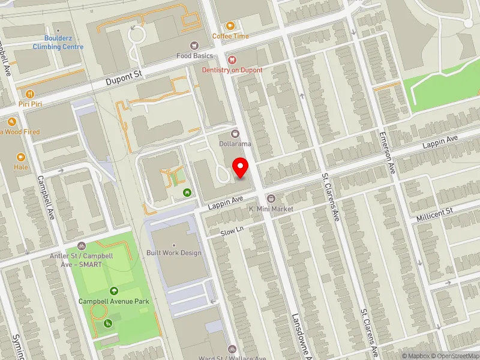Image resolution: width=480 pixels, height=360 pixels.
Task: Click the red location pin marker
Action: (241, 167)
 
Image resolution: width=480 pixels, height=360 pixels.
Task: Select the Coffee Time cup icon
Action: (230, 26)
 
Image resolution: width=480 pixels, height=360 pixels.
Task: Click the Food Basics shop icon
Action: (194, 46)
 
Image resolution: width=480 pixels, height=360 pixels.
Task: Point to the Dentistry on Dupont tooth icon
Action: (232, 60)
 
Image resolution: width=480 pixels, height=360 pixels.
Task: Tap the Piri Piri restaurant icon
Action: (29, 94)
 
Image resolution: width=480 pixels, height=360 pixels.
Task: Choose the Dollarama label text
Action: (235, 144)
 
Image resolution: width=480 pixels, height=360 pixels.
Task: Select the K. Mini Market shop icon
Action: (271, 199)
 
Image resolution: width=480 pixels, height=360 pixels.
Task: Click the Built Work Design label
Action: (174, 253)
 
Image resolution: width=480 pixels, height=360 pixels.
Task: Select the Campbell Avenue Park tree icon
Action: (106, 291)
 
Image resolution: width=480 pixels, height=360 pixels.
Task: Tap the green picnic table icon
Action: (187, 192)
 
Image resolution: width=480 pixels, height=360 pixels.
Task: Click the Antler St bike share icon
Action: (82, 247)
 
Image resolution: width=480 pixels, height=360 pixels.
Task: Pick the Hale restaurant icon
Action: (21, 157)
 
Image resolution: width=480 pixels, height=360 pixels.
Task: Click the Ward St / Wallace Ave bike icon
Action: (232, 349)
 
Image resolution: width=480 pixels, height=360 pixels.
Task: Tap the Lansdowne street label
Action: (300, 336)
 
